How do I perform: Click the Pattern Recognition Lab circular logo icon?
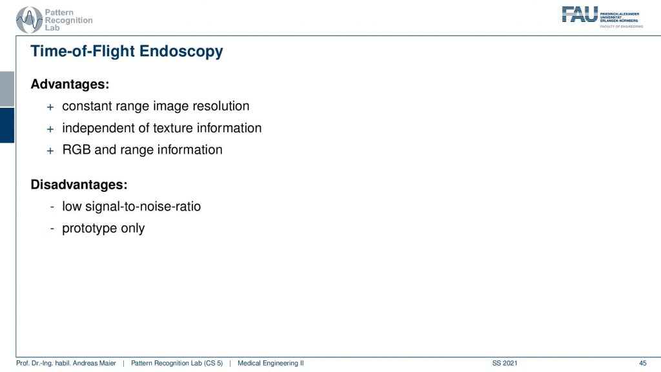(29, 20)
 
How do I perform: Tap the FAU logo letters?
(580, 14)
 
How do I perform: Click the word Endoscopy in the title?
(181, 52)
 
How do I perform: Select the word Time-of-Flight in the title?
(83, 52)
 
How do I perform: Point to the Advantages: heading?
(70, 85)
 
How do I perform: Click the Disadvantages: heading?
(79, 185)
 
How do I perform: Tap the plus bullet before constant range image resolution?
(50, 107)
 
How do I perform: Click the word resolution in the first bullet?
(221, 106)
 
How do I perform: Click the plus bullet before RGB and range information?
(50, 151)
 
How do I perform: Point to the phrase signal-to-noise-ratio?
(143, 207)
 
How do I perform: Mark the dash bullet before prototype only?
(52, 229)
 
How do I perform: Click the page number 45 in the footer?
(642, 363)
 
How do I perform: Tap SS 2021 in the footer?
(505, 363)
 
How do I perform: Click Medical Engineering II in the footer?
(270, 363)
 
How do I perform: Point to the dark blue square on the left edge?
(7, 125)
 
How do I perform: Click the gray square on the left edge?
(7, 89)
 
